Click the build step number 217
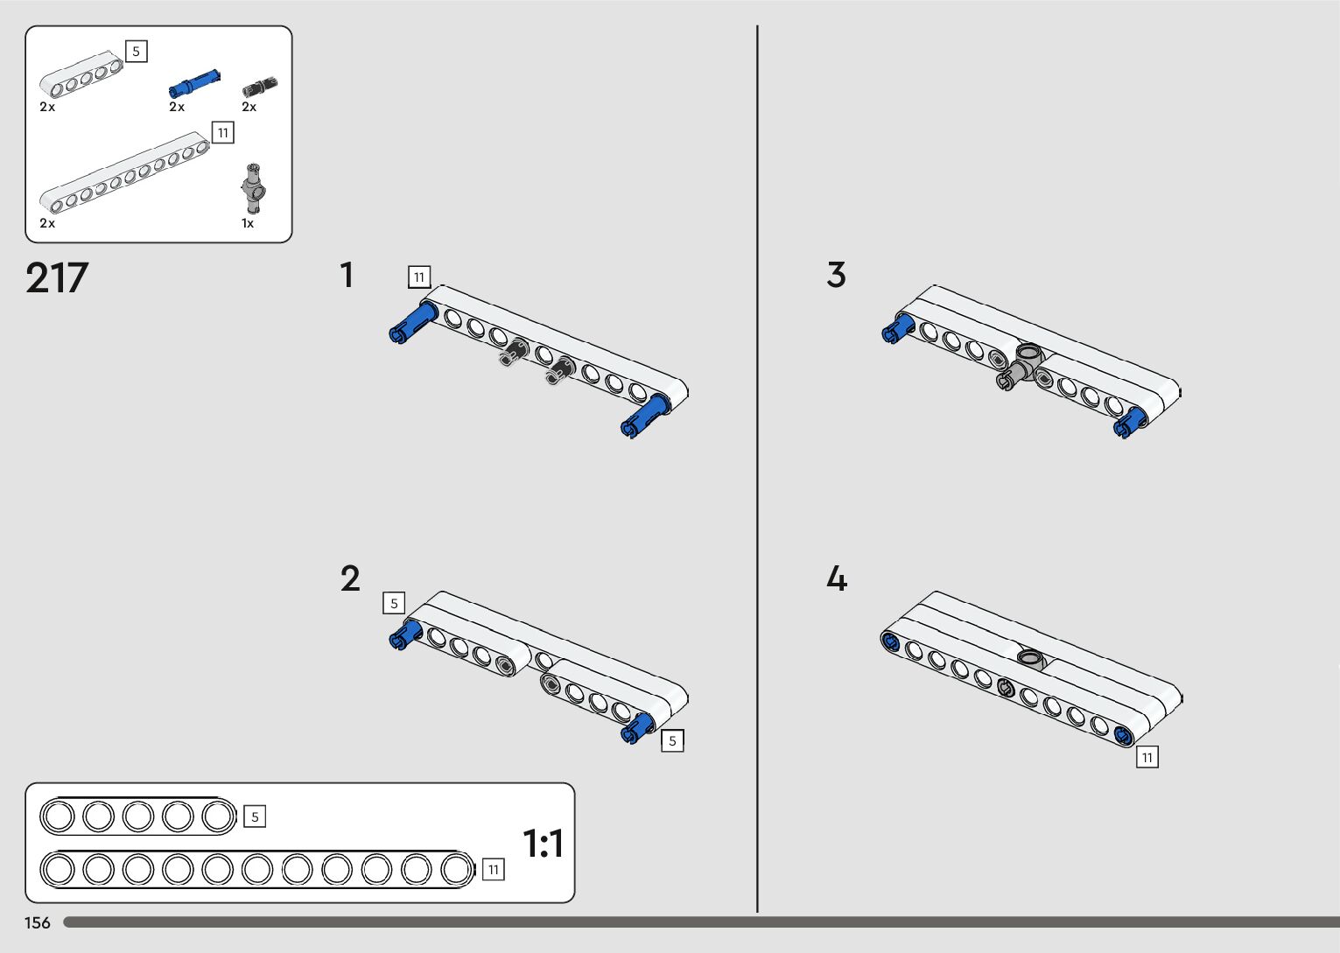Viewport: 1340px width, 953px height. point(57,278)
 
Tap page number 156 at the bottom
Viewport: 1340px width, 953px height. point(38,922)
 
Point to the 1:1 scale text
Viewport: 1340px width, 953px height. point(543,844)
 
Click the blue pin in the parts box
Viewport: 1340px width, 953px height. point(194,84)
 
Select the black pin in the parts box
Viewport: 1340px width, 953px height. point(260,86)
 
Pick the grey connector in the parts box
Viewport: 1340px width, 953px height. point(254,187)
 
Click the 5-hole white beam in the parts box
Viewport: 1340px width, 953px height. point(81,74)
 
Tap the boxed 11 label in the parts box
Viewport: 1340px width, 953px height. point(223,133)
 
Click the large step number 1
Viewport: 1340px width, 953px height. point(347,275)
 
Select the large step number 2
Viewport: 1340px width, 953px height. point(350,579)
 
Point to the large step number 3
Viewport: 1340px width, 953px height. point(836,275)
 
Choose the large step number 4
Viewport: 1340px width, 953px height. point(837,579)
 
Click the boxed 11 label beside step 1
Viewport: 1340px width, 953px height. point(419,277)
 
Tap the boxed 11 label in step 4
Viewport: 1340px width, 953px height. point(1147,757)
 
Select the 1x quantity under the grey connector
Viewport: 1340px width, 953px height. point(248,224)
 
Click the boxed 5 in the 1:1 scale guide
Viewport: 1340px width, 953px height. point(255,816)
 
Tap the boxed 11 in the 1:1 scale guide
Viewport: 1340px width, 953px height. point(494,869)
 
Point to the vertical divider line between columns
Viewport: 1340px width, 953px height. point(757,473)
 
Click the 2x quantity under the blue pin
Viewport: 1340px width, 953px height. point(177,107)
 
